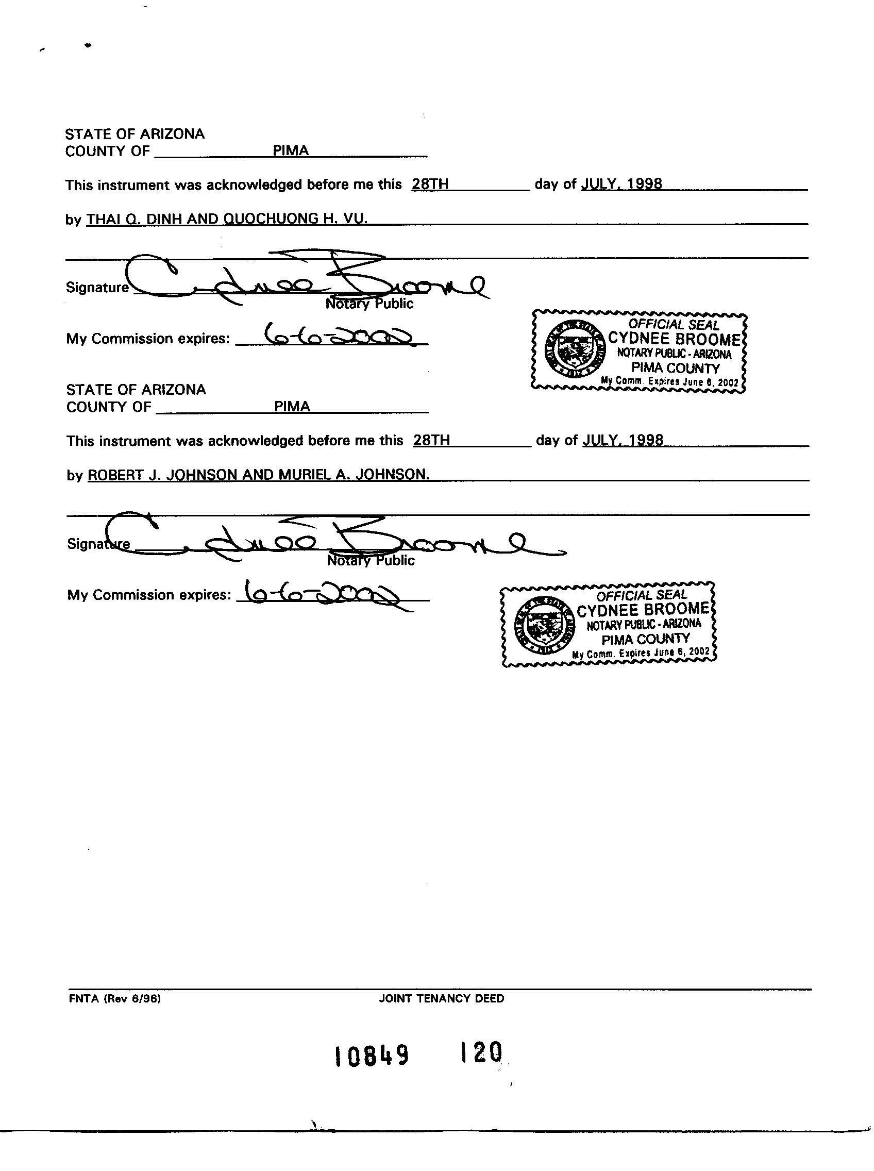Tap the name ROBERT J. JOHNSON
click(162, 475)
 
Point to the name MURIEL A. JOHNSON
click(354, 475)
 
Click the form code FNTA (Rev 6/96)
click(114, 998)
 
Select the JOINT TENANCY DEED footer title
click(441, 998)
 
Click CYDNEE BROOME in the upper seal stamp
click(675, 339)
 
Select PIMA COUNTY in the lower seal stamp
click(645, 639)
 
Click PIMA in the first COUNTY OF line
click(291, 150)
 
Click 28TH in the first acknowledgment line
click(430, 184)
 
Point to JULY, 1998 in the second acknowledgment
click(623, 440)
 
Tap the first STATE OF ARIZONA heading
click(135, 134)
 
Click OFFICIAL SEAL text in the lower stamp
click(641, 596)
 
